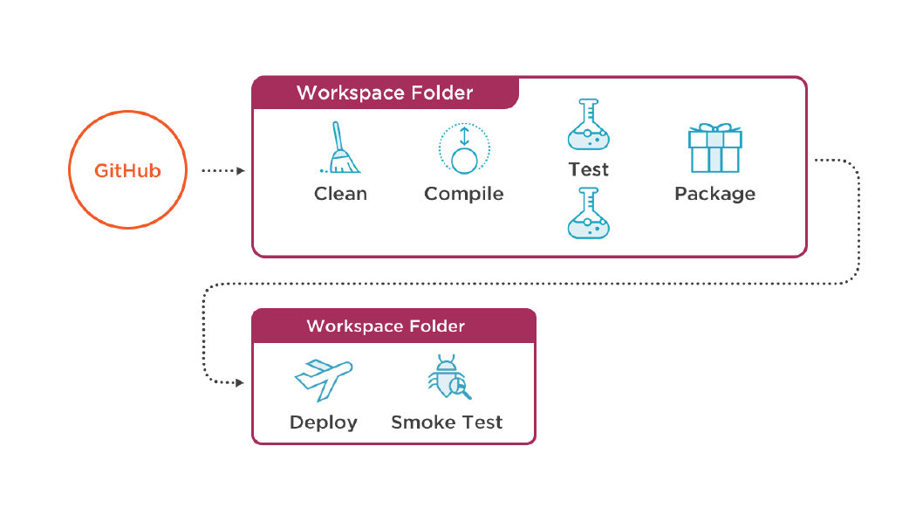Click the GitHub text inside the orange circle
point(127,171)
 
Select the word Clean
point(340,194)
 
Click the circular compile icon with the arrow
point(464,148)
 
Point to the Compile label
point(463,194)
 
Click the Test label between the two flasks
point(589,168)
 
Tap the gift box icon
point(714,148)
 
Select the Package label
point(714,194)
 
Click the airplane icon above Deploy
point(323,377)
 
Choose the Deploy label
point(323,422)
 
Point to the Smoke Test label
point(447,422)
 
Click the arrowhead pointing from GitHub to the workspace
point(240,171)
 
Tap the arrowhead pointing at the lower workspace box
point(240,381)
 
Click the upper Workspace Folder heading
point(385,93)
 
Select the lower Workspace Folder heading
point(386,326)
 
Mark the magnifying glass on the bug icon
point(457,385)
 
